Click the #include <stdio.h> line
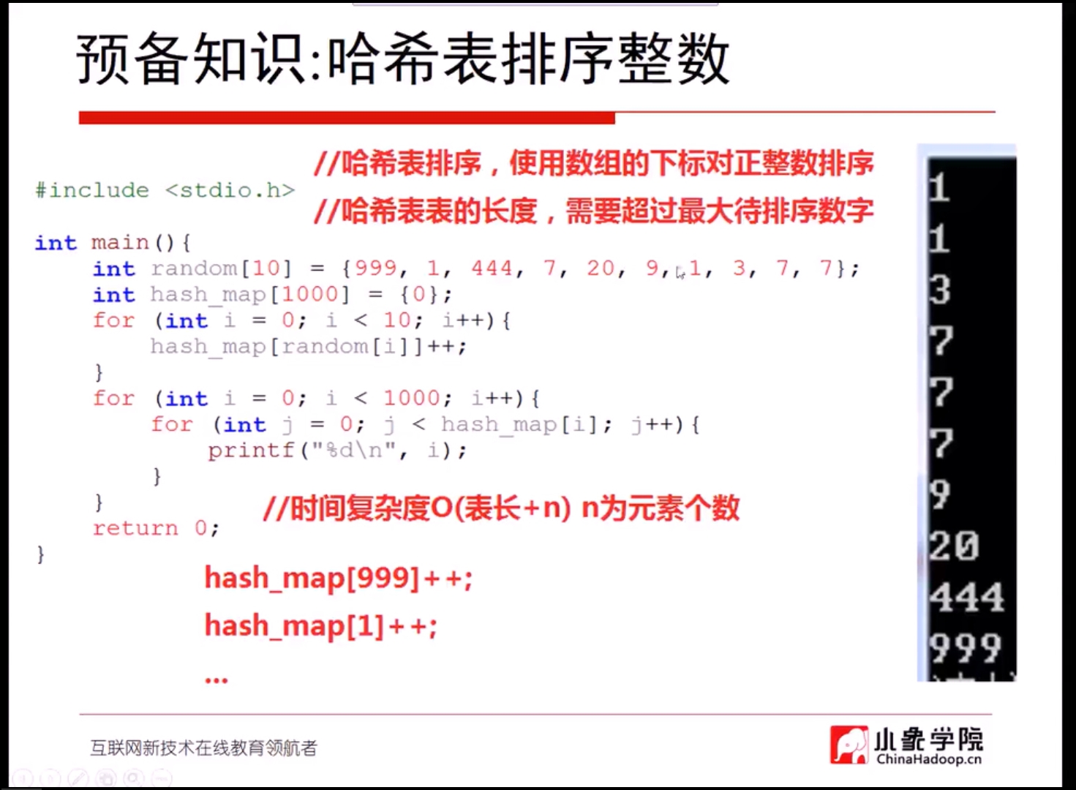pos(165,191)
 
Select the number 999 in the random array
pos(376,268)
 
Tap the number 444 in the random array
pos(492,268)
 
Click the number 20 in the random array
pos(601,268)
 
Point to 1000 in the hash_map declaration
pos(310,294)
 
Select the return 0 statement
pos(156,528)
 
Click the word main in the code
pos(120,243)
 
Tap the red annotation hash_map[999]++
pos(339,578)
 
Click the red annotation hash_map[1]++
pos(321,626)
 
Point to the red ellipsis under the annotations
pos(217,680)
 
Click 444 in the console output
pos(966,598)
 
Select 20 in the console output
pos(954,546)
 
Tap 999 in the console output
pos(966,648)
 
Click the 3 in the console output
pos(939,290)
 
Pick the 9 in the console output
pos(939,494)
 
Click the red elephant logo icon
pos(849,745)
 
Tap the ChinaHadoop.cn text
pos(928,759)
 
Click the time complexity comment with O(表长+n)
pos(501,508)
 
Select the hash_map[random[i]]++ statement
pos(308,346)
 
